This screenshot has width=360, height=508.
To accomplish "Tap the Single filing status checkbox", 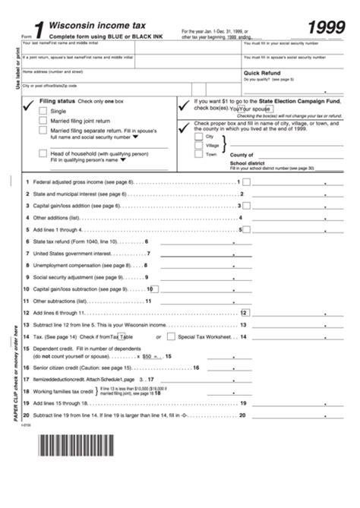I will point(45,111).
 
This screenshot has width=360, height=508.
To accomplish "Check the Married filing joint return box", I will point(45,121).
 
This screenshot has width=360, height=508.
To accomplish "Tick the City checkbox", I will point(199,136).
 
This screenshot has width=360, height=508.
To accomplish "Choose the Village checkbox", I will point(199,145).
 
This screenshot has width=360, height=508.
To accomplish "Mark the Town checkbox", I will point(199,154).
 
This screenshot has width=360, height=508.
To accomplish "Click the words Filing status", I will point(57,101).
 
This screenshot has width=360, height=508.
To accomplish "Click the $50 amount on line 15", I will point(149,355).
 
